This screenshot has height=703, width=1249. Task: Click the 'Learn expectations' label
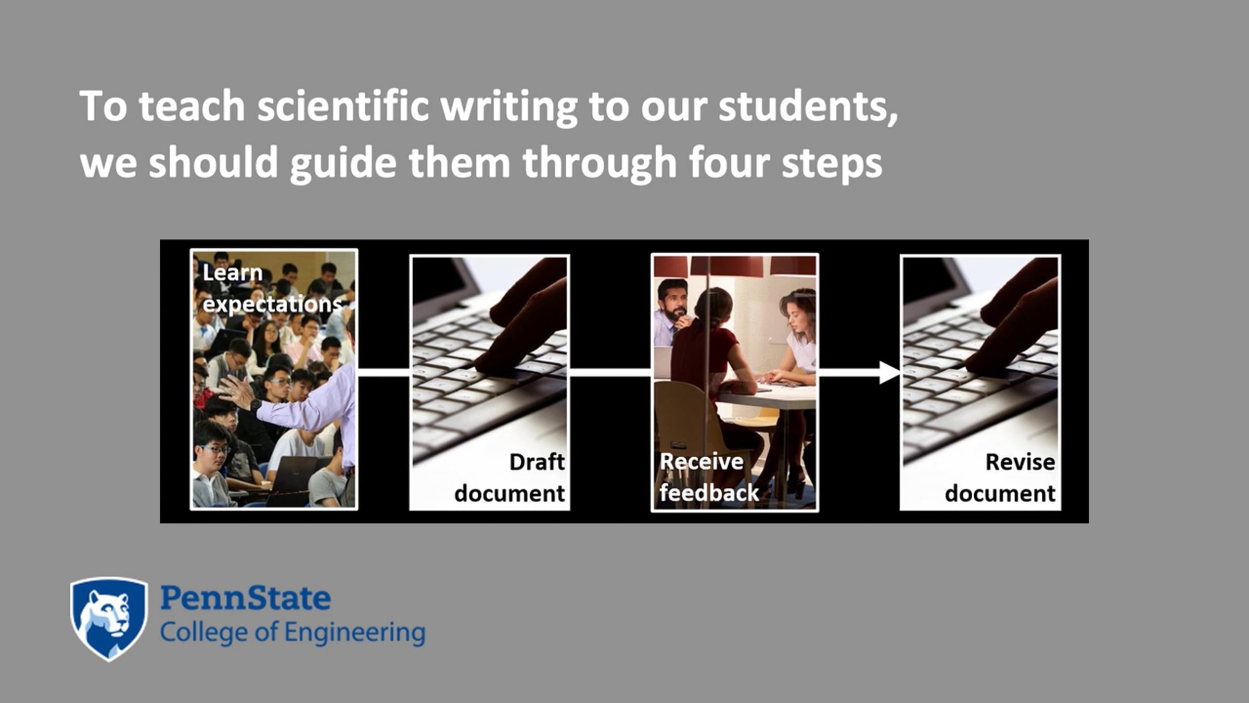click(272, 288)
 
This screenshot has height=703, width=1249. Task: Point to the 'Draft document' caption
click(509, 478)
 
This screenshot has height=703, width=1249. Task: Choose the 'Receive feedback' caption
click(709, 478)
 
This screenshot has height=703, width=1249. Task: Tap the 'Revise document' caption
click(1000, 478)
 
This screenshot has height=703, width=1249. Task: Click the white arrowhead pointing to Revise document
click(889, 372)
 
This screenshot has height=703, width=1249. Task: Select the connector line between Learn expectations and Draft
click(384, 372)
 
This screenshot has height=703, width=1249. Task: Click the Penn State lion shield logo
click(109, 619)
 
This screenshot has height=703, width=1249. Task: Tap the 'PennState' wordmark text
click(245, 598)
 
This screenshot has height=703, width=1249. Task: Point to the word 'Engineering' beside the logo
click(355, 633)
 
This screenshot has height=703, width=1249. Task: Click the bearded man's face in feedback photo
click(674, 302)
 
